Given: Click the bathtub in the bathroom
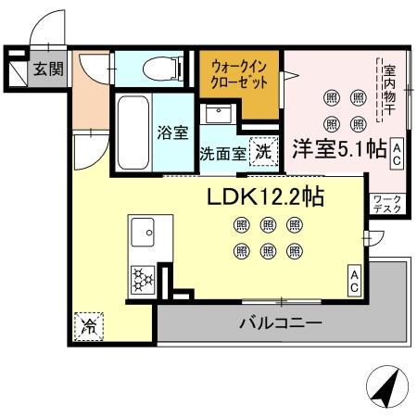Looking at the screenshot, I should coord(131,133).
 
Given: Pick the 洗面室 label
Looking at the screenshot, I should coord(223,154).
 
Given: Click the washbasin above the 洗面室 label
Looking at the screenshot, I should coord(221,115).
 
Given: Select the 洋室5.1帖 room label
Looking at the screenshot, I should coord(339,150).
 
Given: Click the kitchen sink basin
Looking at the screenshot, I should coord(145,232).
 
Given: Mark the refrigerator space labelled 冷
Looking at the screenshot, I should coord(90,324).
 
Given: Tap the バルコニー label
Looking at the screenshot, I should coord(281,323).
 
